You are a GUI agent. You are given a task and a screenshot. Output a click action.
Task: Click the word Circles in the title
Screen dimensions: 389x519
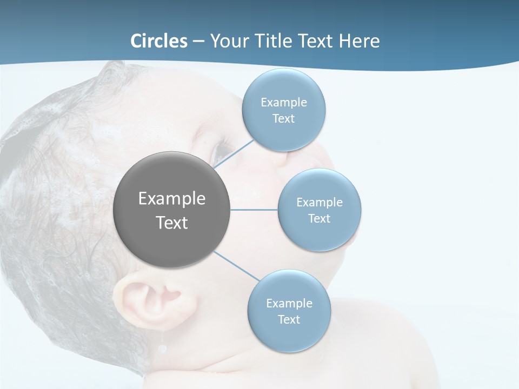[x=159, y=41]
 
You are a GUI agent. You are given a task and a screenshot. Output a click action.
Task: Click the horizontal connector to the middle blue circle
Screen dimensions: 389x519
[x=254, y=210]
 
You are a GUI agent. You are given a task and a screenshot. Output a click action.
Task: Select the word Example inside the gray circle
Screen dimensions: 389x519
[x=171, y=198]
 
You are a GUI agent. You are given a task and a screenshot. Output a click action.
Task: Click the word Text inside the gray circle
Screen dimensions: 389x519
[x=171, y=223]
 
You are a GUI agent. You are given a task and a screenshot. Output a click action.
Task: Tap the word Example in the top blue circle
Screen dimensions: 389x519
[x=283, y=102]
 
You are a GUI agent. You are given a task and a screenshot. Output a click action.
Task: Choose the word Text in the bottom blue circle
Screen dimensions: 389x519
[x=289, y=319]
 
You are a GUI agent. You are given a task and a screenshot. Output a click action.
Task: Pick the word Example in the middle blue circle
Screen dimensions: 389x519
[x=320, y=202]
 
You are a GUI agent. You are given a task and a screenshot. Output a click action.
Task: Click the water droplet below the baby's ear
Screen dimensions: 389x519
[x=162, y=346]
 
